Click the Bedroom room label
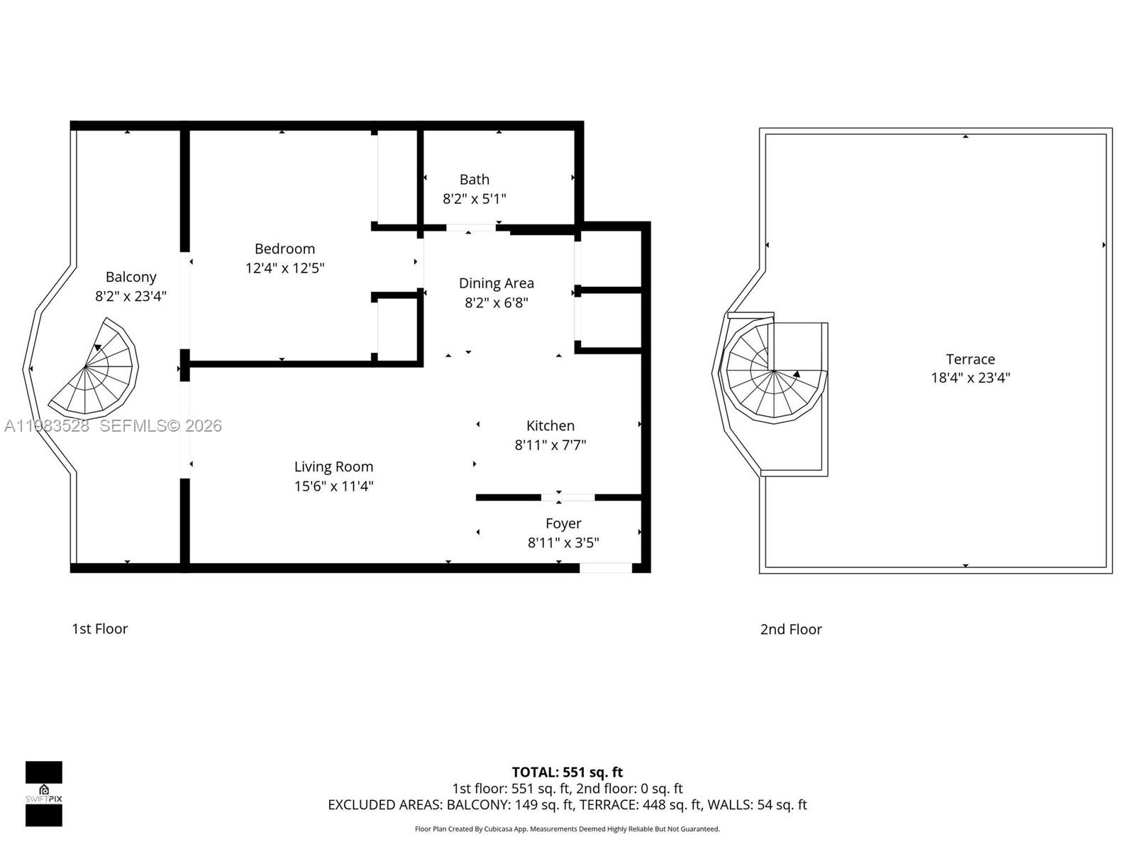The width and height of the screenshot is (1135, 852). tap(284, 248)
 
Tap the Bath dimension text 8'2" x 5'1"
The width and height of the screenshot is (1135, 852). tap(474, 199)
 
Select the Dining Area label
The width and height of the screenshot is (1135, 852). tap(496, 283)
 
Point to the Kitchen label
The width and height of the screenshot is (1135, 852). tap(550, 425)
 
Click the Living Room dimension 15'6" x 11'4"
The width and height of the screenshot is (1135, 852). tap(333, 486)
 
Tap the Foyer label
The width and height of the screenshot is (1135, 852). tap(563, 523)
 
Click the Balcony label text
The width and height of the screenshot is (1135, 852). tap(131, 277)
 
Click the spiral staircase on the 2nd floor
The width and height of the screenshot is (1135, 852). tap(773, 373)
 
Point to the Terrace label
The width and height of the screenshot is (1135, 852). tap(970, 359)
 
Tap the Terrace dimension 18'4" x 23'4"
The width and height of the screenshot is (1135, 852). tap(970, 378)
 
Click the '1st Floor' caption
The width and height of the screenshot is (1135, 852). tap(99, 628)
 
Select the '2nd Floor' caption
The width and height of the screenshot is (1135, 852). tap(790, 629)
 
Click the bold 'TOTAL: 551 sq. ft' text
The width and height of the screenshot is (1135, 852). tap(567, 772)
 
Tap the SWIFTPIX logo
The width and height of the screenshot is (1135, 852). tap(44, 794)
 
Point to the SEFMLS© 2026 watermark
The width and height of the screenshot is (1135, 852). tap(160, 425)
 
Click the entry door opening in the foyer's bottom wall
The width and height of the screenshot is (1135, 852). tap(605, 567)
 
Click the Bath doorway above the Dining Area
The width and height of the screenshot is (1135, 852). tap(470, 228)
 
